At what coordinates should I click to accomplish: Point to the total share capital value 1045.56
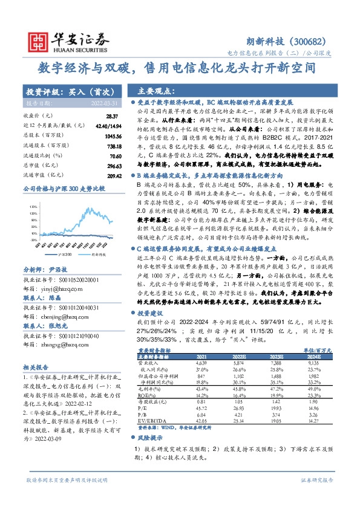pyautogui.click(x=111, y=137)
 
